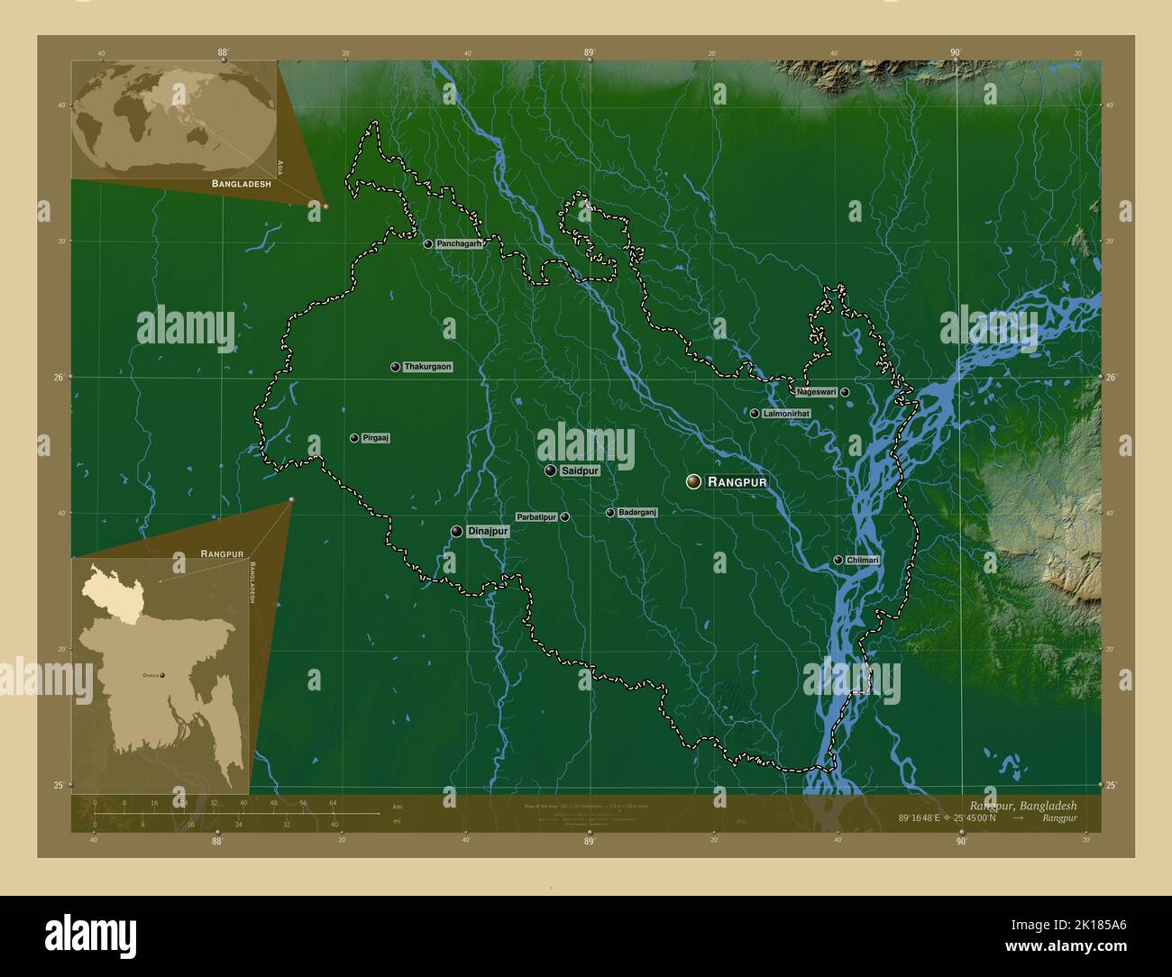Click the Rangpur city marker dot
click(x=693, y=482)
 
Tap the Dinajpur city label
click(x=488, y=532)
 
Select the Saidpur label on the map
click(x=580, y=470)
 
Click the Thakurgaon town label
click(x=427, y=367)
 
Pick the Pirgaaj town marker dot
click(x=354, y=438)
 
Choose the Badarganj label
click(x=637, y=512)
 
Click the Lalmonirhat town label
click(x=786, y=414)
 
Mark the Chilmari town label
click(x=863, y=561)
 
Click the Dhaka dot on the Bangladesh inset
click(x=163, y=674)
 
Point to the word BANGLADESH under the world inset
click(x=242, y=184)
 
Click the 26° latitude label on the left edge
click(x=57, y=377)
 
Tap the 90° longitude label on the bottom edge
click(x=961, y=842)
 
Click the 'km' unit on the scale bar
click(x=398, y=806)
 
